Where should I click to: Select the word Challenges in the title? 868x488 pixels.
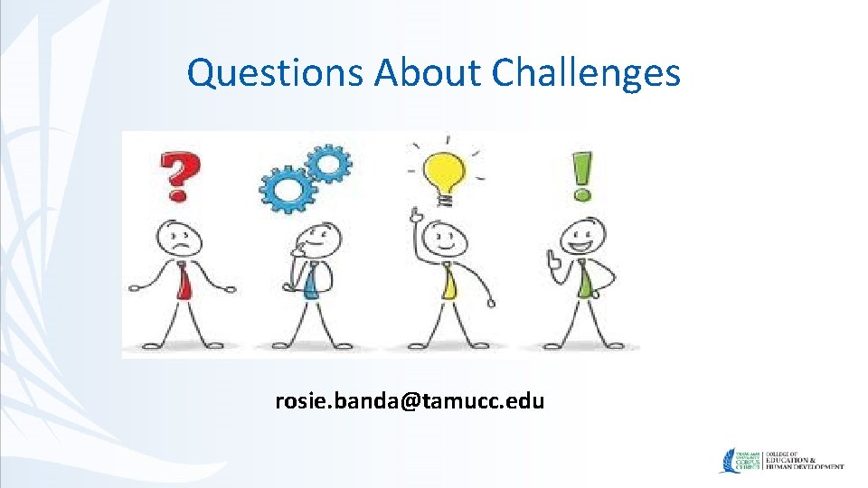[x=587, y=73]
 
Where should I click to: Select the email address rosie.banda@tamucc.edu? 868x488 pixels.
[x=410, y=400]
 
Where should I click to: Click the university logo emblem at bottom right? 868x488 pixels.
[x=730, y=461]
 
